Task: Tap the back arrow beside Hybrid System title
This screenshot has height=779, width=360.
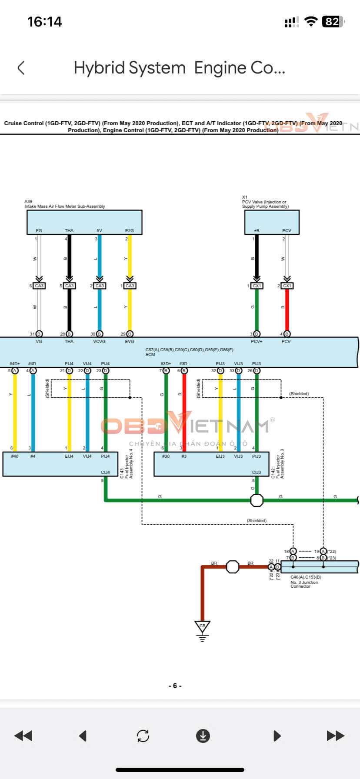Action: (x=21, y=68)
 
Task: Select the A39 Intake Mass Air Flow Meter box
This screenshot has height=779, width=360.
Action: (x=84, y=222)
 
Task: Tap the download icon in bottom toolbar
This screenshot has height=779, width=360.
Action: (x=203, y=736)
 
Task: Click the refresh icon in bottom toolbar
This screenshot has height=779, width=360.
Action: (x=143, y=736)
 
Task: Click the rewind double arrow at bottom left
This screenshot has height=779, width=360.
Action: (x=23, y=736)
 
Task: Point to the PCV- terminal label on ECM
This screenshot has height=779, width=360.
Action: (x=286, y=342)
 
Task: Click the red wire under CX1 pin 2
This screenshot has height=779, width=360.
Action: (x=287, y=310)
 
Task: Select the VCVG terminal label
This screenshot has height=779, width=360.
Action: (x=99, y=342)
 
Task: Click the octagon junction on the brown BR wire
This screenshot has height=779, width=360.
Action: (x=233, y=567)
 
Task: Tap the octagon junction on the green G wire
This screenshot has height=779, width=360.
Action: (x=257, y=500)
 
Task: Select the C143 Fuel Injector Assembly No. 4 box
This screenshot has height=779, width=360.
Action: (x=60, y=464)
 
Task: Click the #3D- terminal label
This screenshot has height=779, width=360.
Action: (x=184, y=363)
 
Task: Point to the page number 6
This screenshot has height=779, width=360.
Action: (x=175, y=686)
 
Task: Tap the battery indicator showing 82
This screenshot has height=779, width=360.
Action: (x=333, y=22)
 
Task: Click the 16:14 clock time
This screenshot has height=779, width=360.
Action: (x=44, y=22)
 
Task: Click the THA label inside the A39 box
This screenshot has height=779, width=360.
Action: (x=69, y=230)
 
